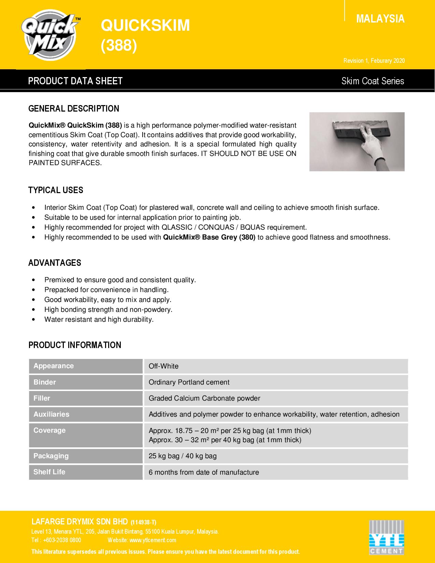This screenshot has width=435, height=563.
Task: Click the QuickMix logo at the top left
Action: click(51, 35)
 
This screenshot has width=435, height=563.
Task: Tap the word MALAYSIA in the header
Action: click(380, 19)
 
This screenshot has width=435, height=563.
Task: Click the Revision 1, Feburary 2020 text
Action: click(374, 61)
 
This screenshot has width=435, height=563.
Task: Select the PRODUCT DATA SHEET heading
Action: click(75, 81)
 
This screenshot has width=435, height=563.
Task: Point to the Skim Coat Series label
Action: click(373, 81)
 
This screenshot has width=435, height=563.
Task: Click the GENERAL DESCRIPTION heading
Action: click(74, 109)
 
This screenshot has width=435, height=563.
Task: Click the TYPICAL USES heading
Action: click(56, 190)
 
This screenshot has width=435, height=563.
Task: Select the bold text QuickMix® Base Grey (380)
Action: click(209, 237)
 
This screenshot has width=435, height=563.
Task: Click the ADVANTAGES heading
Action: click(55, 263)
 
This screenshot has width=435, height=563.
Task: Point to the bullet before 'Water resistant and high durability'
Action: click(33, 319)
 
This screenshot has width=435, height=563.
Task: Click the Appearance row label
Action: click(54, 366)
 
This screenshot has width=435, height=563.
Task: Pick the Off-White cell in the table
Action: click(163, 366)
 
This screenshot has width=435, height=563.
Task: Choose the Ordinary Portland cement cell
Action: click(189, 382)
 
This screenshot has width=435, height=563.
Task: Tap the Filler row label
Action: click(42, 398)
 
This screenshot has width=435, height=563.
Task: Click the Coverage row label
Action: click(49, 430)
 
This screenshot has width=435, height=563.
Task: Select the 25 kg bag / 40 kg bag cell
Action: click(183, 456)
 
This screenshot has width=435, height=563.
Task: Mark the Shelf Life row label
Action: click(49, 472)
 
